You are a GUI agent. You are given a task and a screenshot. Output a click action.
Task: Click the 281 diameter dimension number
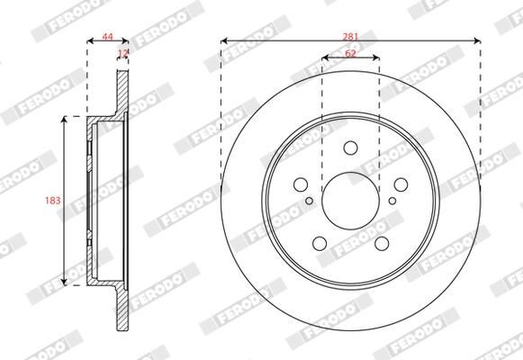click(350, 35)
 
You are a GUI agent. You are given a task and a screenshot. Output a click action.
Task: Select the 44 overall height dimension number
click(107, 36)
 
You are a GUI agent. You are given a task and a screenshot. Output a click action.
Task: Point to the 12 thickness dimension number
click(122, 55)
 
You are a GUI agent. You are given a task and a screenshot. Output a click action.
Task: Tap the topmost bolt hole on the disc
click(350, 149)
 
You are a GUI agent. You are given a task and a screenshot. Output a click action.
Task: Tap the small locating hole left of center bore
click(311, 202)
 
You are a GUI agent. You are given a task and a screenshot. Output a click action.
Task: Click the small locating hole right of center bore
click(391, 202)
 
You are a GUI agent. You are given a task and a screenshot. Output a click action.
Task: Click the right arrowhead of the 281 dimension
click(475, 40)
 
